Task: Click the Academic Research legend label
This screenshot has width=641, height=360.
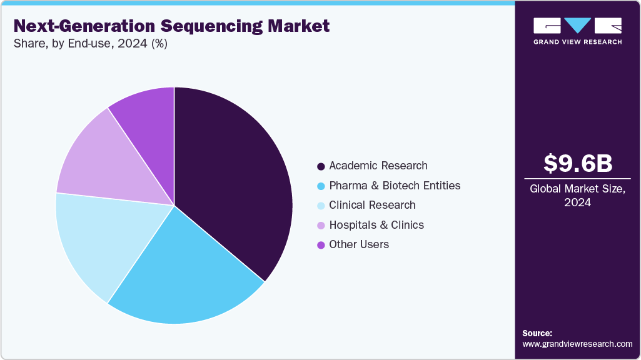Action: [378, 166]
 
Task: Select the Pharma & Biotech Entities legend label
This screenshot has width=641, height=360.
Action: [394, 186]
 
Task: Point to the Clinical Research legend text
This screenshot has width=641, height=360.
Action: [371, 205]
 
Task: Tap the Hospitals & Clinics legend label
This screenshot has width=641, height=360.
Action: [376, 225]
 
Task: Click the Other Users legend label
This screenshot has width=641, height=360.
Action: [358, 244]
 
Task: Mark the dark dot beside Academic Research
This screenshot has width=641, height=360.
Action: [321, 166]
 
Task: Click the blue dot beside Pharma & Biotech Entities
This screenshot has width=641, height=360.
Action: [321, 186]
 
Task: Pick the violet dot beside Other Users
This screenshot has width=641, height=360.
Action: [321, 245]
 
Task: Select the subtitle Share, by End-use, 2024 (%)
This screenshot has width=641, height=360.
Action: [90, 44]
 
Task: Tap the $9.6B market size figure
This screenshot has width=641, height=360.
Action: [577, 163]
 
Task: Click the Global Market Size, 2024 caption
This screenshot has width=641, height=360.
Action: [577, 196]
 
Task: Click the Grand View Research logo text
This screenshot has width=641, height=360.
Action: [577, 42]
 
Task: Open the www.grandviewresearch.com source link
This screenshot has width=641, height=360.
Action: [577, 344]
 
